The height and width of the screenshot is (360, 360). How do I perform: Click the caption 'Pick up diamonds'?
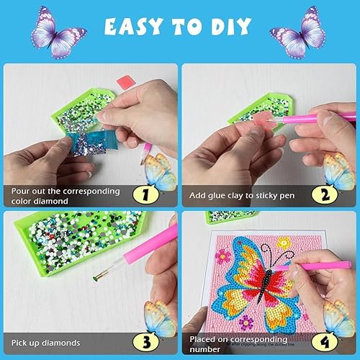(x=45, y=342)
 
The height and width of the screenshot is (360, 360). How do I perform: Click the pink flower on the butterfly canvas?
(x=220, y=255)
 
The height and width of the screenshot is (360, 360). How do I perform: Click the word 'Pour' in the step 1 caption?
(x=22, y=192)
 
